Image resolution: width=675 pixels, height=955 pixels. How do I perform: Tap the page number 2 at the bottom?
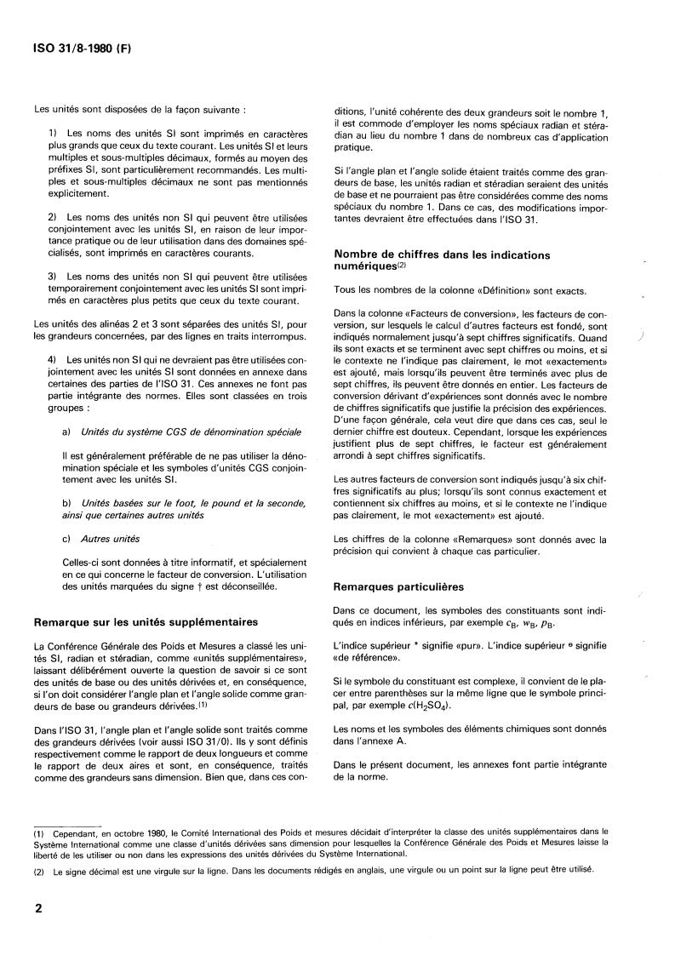[38, 908]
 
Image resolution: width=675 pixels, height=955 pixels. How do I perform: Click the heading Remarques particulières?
[387, 587]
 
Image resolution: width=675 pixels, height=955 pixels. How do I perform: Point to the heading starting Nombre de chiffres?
[442, 254]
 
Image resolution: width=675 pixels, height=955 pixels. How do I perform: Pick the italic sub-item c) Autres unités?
[101, 539]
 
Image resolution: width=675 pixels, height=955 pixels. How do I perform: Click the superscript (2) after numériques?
[403, 265]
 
